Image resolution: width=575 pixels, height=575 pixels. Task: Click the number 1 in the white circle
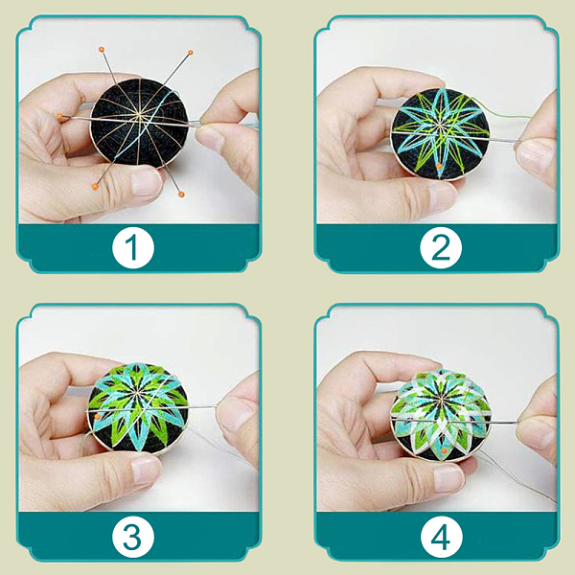(132, 247)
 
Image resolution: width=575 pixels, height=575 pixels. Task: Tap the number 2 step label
(441, 247)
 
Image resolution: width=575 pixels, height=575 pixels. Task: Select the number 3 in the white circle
(132, 537)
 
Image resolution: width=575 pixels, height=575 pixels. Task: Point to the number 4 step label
(441, 538)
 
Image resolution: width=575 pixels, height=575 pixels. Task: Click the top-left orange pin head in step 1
(102, 50)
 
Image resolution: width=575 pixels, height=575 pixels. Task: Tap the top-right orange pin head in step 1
(191, 53)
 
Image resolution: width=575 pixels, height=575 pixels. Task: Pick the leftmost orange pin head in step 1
(59, 117)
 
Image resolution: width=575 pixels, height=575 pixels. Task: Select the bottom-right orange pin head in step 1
(181, 194)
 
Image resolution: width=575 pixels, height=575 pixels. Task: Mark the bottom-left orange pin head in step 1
(95, 187)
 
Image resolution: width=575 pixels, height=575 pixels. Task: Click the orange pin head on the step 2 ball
(439, 167)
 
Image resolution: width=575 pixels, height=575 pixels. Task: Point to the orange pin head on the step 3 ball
(97, 416)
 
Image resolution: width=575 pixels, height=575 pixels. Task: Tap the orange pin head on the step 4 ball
(445, 450)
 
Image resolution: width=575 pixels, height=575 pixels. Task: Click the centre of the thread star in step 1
(139, 117)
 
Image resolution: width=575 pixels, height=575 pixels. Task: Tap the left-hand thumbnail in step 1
(146, 182)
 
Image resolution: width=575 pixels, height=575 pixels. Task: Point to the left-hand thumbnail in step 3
(146, 470)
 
